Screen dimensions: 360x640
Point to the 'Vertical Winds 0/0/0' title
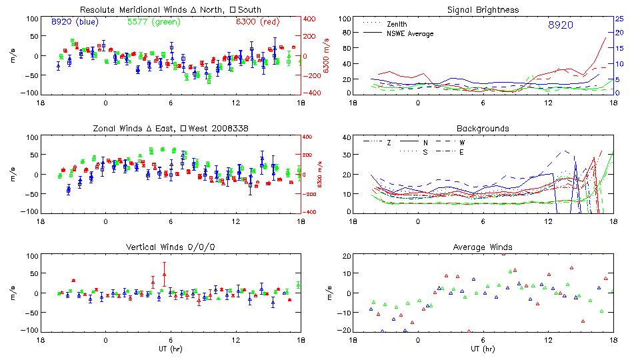tap(170, 247)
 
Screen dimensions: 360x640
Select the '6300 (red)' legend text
tap(257, 21)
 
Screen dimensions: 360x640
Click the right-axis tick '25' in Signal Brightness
tap(619, 19)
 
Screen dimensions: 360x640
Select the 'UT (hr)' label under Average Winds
tap(483, 349)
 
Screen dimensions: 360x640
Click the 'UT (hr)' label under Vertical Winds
tap(170, 349)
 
